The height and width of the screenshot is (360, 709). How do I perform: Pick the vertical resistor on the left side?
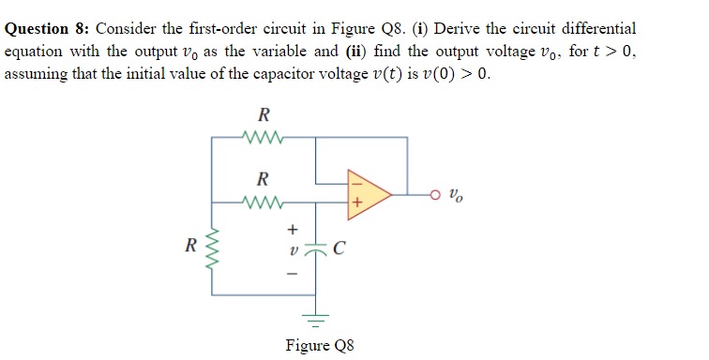(211, 248)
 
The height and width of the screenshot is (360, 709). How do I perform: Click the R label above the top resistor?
(264, 116)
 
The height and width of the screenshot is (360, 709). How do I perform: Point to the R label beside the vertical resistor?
(190, 248)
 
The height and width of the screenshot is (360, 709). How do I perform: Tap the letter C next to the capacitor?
(339, 249)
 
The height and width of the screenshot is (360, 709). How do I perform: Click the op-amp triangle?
(365, 195)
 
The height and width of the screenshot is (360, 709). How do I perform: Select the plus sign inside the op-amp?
(356, 202)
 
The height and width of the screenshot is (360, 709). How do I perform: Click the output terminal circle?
(435, 195)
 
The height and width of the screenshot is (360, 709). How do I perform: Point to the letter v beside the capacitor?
(292, 249)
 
